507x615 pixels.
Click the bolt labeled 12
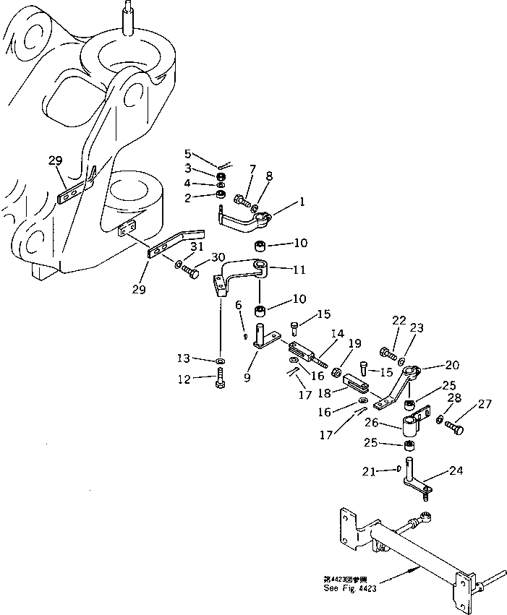[x=219, y=379]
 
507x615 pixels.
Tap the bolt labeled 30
[x=191, y=272]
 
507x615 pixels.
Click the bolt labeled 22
[x=387, y=354]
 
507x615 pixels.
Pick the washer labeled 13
[x=220, y=360]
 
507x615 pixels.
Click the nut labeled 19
[x=336, y=373]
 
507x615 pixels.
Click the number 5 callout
[x=188, y=153]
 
